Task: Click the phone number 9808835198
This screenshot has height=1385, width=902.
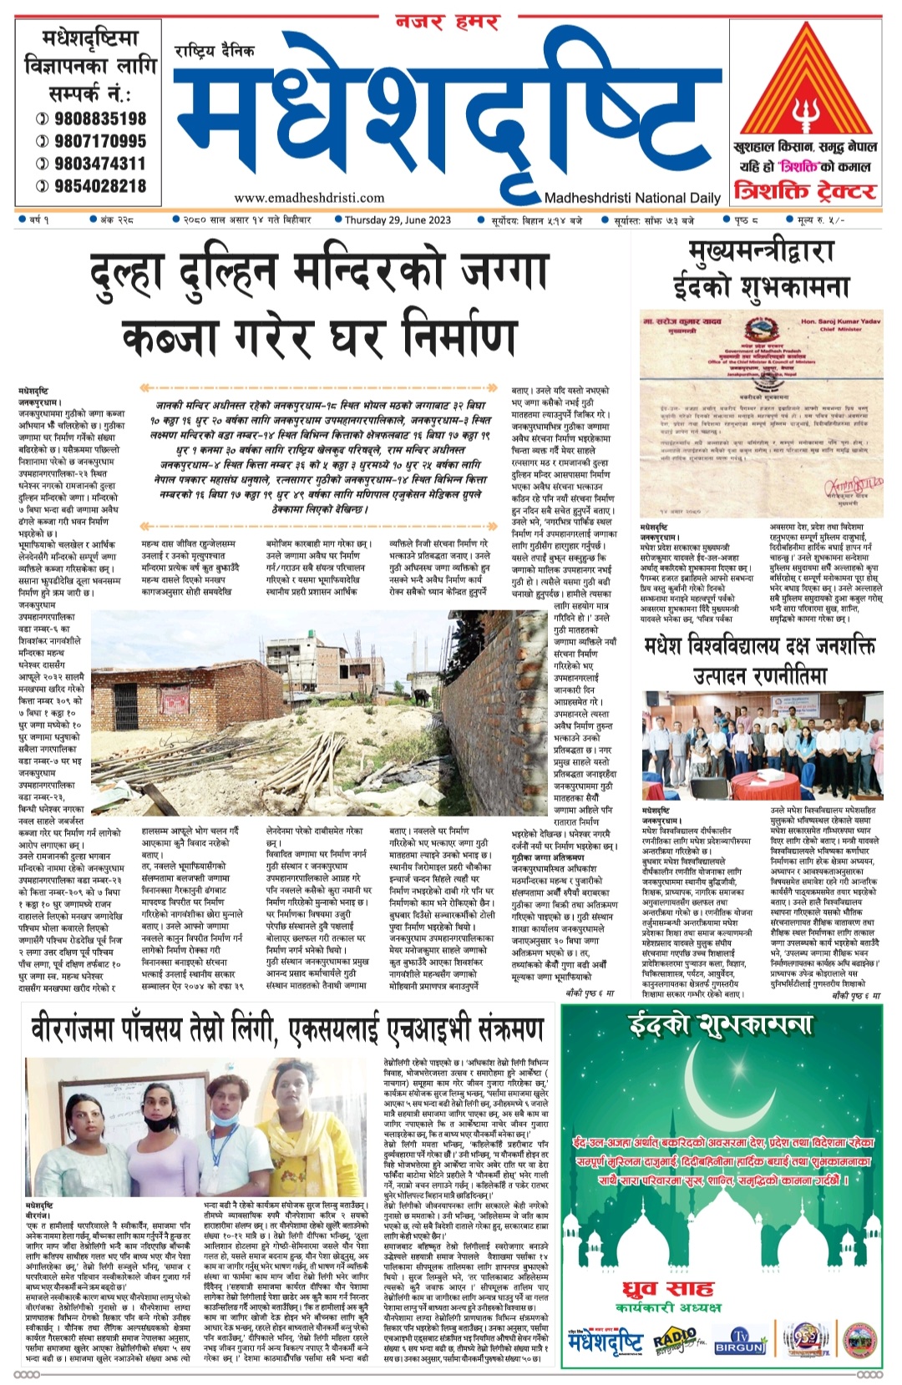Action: coord(100,119)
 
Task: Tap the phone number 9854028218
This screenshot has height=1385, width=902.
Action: coord(100,186)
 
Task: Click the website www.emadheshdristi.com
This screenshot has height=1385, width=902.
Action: coord(309,198)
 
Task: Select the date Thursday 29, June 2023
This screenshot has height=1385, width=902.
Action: coord(398,220)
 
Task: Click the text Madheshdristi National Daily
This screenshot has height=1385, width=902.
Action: coord(632,198)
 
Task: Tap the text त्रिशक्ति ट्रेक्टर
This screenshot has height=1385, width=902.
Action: coord(805,191)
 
